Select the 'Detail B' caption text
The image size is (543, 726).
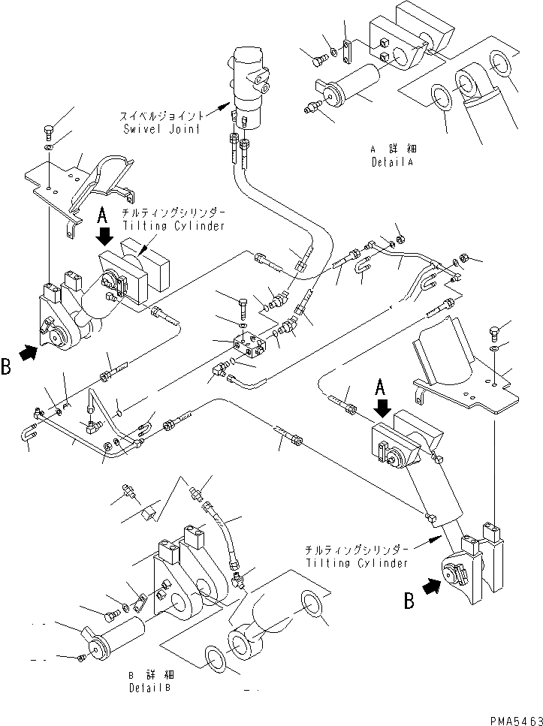tap(149, 686)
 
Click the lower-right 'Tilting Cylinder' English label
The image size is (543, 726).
tap(357, 562)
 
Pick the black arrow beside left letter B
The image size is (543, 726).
tap(27, 353)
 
